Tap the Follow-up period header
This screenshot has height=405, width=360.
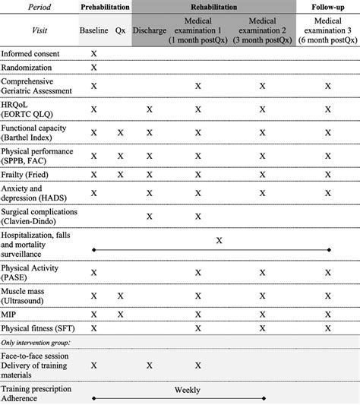click(328, 6)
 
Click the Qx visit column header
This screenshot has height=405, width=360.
click(120, 33)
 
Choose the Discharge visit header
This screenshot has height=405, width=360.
click(149, 33)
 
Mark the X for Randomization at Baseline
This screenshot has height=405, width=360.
click(93, 68)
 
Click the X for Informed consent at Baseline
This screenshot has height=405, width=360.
click(93, 55)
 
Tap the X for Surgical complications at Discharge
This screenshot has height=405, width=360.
click(150, 216)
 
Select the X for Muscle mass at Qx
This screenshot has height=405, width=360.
click(120, 296)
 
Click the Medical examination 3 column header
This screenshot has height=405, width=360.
click(328, 33)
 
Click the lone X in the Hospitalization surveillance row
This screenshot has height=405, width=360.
click(219, 240)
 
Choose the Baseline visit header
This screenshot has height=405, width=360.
click(93, 33)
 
